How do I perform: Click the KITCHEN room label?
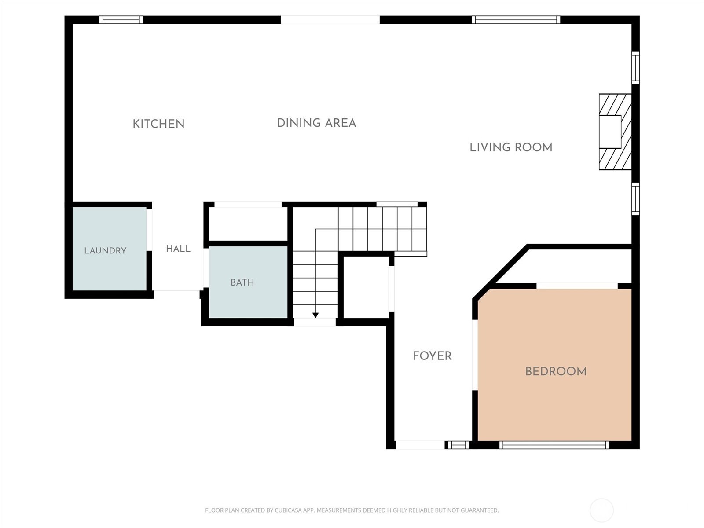click(x=159, y=124)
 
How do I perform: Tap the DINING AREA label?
click(x=316, y=123)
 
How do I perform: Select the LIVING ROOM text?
click(x=511, y=147)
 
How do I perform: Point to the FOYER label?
click(x=432, y=356)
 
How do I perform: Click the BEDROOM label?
click(x=556, y=371)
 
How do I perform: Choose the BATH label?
click(x=242, y=282)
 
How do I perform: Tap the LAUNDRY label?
click(x=105, y=251)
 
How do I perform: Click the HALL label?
click(x=178, y=249)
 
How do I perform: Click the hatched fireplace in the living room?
click(x=615, y=132)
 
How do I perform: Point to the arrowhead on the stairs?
click(x=315, y=315)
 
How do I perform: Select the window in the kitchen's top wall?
click(x=121, y=20)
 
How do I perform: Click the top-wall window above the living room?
click(x=516, y=20)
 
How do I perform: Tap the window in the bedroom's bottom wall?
click(x=554, y=445)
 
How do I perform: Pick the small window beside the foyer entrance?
click(x=458, y=445)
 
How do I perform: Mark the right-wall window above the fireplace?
click(x=636, y=68)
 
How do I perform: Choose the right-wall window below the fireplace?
click(x=636, y=199)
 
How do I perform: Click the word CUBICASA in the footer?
click(x=287, y=510)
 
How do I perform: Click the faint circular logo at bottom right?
click(x=601, y=510)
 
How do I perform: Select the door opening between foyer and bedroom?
click(x=475, y=355)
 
